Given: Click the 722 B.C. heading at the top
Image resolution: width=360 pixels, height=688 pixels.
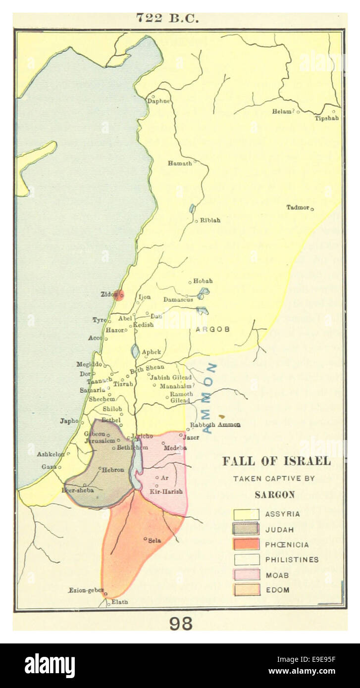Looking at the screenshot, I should coord(167,19).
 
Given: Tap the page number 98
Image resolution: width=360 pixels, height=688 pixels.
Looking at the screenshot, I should coord(181,624).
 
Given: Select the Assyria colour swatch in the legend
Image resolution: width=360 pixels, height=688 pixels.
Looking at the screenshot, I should coord(246,514).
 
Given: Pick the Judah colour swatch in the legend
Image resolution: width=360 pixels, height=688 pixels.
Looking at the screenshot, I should coord(246,529).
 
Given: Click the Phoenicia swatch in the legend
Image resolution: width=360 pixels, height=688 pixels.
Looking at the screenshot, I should coord(246,544).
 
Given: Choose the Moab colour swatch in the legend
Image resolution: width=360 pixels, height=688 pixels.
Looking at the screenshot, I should coord(246,575).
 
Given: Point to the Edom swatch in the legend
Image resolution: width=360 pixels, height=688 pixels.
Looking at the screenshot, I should coord(246,590).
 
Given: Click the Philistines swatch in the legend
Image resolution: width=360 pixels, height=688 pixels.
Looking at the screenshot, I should coord(246,559).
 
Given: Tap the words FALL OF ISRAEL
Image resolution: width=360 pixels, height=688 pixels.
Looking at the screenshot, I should coord(276,461).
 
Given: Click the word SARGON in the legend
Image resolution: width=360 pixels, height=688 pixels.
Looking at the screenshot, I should coord(274,494).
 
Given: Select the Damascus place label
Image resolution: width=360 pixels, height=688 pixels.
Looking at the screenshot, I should coord(178,300).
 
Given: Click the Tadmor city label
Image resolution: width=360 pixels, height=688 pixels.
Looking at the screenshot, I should coord(298,207).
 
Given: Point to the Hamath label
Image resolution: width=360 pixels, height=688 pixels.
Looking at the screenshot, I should coord(179,163).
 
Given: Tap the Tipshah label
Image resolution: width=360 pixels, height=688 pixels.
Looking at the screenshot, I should coord(327,118).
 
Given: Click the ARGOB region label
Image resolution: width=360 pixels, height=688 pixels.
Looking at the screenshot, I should coord(212,329).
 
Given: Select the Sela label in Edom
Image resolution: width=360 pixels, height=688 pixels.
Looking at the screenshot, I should coord(154,541).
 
